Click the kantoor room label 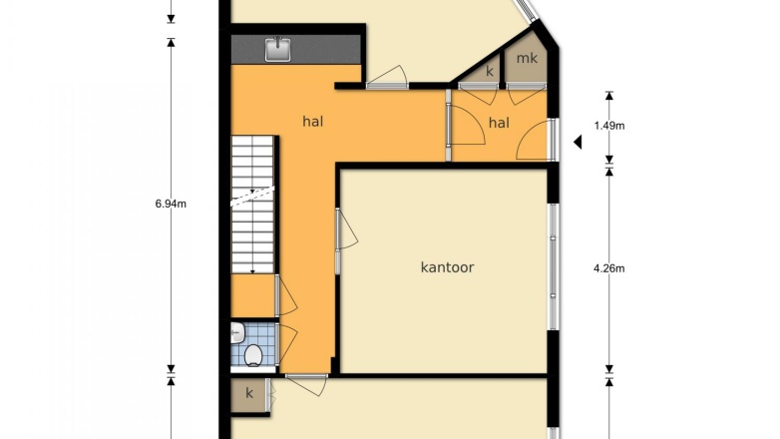[x=447, y=267]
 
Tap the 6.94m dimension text [x=171, y=204]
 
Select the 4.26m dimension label [x=609, y=268]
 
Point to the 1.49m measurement [x=609, y=126]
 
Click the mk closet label [x=527, y=59]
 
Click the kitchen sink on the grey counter [x=277, y=49]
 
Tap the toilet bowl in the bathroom [x=253, y=355]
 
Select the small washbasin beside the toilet [x=236, y=332]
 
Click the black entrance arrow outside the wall [x=578, y=142]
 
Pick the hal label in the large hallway [x=313, y=122]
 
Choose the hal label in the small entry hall [x=499, y=123]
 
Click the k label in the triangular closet [x=490, y=71]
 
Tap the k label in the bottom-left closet [x=249, y=393]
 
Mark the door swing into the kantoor [x=347, y=228]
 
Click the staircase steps [x=252, y=205]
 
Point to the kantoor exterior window [x=553, y=266]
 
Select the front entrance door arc [x=535, y=141]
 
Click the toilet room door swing [x=286, y=344]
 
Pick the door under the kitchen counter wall [x=388, y=78]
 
